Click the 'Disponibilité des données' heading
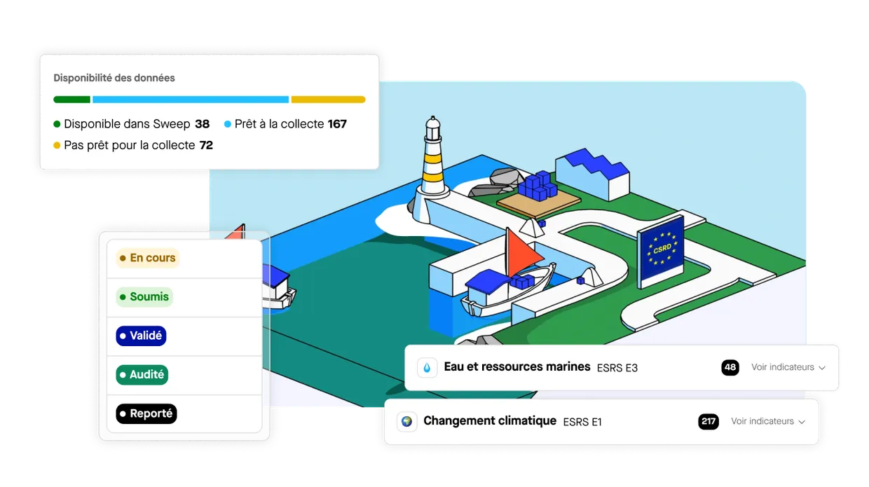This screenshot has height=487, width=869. pos(114,78)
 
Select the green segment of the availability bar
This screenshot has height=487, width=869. pos(71,100)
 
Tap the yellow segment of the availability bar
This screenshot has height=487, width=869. pos(328,100)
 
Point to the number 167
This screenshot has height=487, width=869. pos(337,124)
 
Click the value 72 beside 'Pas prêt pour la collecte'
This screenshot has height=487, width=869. pos(206,145)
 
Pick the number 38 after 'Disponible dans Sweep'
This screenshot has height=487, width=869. pos(203,124)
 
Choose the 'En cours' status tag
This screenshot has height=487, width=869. pos(147,258)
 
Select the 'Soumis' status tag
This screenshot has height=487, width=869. pos(144,296)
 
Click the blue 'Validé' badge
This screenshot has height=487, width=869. pos(141,336)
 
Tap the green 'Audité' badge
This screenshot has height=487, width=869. pos(142,375)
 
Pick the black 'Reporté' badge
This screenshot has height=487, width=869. pos(146,413)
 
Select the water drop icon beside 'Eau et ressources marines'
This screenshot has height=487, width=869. pos(427,367)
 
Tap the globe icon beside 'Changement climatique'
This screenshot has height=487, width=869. pos(406,422)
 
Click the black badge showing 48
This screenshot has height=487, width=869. pos(730,367)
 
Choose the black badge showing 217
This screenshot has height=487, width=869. pos(709,422)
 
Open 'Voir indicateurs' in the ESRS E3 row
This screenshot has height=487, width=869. pos(788,367)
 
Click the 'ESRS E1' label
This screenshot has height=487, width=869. pos(582,422)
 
